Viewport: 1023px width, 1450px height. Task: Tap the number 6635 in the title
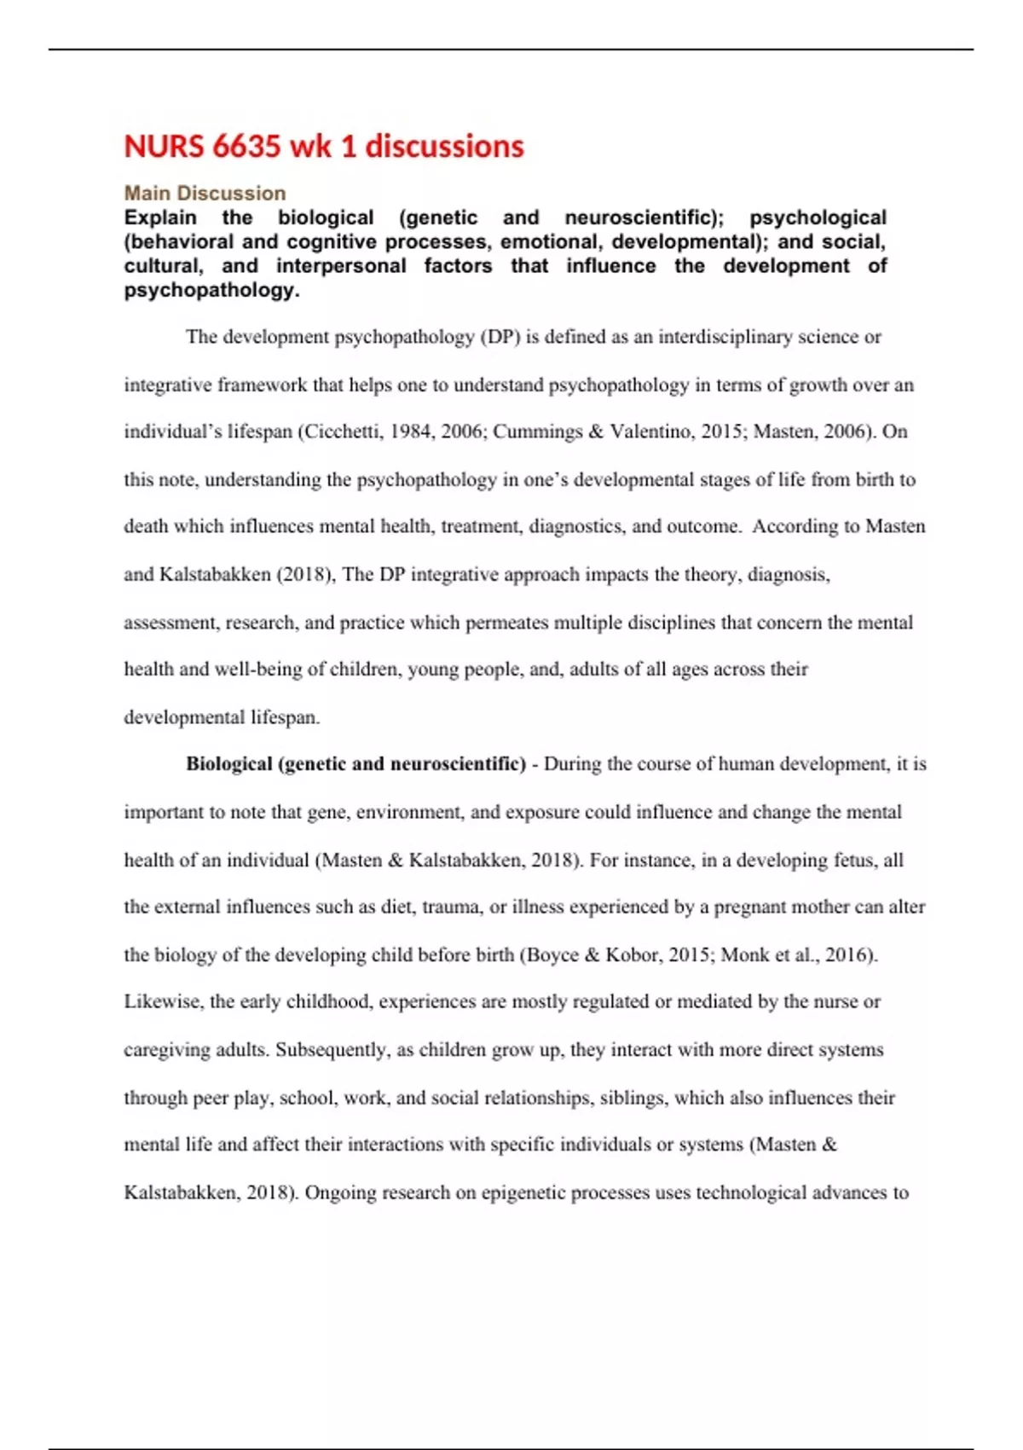(x=246, y=147)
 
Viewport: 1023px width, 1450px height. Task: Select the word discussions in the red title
(x=444, y=147)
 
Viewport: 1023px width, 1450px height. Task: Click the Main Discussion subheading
(x=205, y=194)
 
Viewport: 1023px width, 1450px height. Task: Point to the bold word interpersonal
(x=341, y=266)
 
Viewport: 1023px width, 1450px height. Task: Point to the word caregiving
(x=167, y=1050)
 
